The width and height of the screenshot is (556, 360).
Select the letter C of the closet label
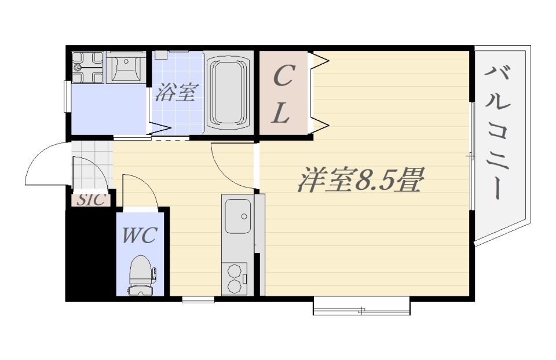283,76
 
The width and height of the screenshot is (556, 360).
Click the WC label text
140,236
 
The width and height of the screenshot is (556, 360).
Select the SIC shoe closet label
92,200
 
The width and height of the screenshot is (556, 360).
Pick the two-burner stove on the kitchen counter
235,278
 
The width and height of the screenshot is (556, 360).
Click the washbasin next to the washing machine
126,68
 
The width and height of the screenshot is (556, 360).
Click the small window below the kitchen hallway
198,300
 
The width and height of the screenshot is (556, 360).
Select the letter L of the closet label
281,113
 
